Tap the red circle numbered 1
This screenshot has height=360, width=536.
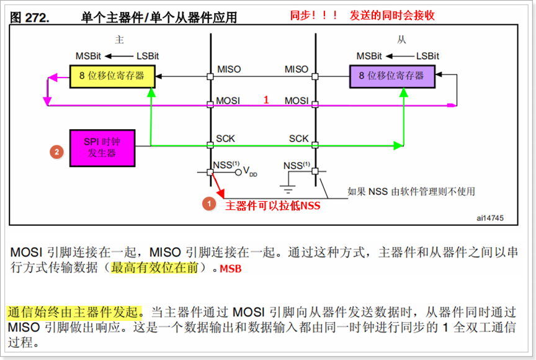pyautogui.click(x=210, y=203)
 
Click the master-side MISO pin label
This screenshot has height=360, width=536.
pyautogui.click(x=229, y=69)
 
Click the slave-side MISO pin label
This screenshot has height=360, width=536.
pyautogui.click(x=296, y=69)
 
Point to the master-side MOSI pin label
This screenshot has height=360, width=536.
pyautogui.click(x=229, y=100)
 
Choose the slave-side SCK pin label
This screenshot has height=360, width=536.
pyautogui.click(x=298, y=138)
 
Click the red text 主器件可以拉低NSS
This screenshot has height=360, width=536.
pyautogui.click(x=272, y=205)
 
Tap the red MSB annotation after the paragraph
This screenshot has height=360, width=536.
pyautogui.click(x=230, y=269)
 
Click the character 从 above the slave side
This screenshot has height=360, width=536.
pyautogui.click(x=401, y=40)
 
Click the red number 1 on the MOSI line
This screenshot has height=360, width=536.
pyautogui.click(x=266, y=99)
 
